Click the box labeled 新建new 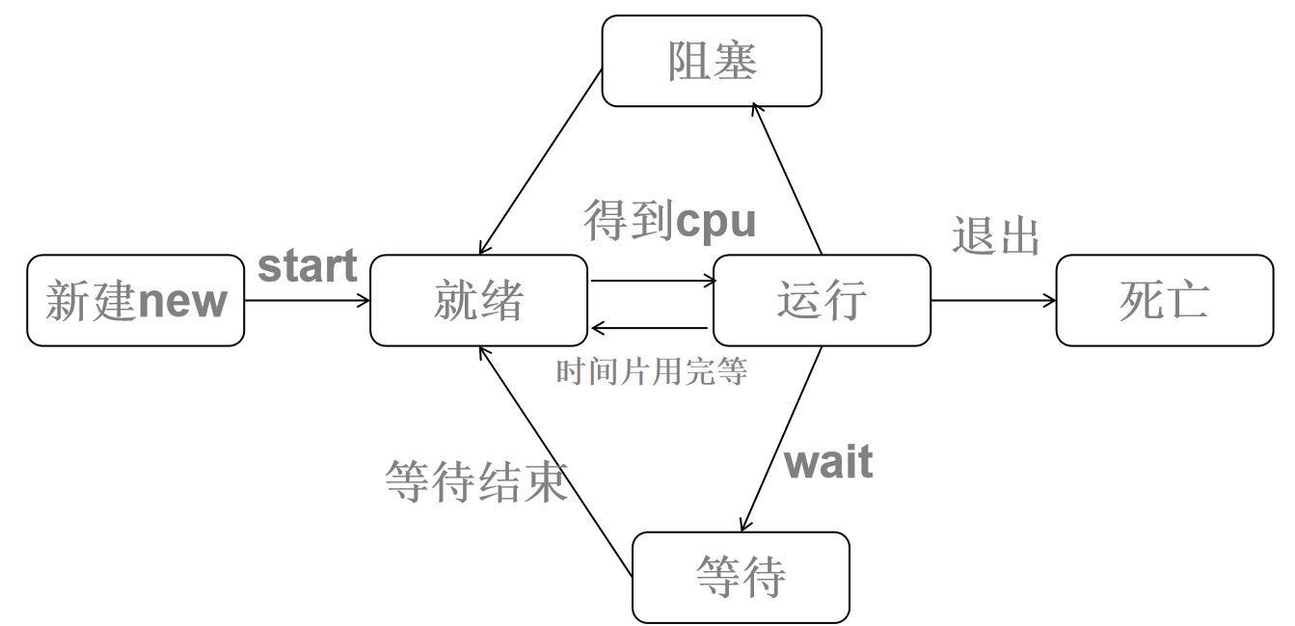point(135,300)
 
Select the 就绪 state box point(478,300)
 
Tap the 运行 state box point(822,300)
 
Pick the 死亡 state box point(1164,300)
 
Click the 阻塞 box point(712,61)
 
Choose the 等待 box point(741,577)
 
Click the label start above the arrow point(308,266)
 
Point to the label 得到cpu point(670,221)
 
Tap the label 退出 point(996,236)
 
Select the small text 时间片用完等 point(652,371)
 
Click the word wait point(828,462)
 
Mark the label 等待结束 point(476,480)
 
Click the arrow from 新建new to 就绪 point(307,300)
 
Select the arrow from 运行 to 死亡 point(993,300)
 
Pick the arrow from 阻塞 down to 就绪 point(541,161)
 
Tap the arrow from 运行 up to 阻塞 point(787,178)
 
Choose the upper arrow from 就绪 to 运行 point(653,282)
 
